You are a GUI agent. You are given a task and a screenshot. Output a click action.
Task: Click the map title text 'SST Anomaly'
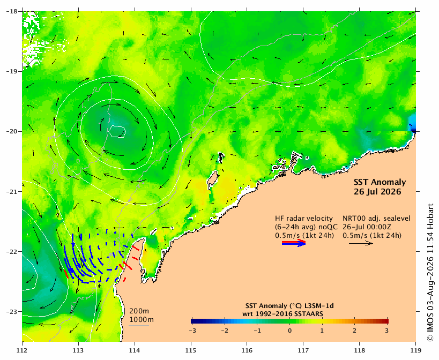tap(380, 182)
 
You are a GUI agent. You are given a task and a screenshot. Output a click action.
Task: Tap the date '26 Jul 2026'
tap(377, 192)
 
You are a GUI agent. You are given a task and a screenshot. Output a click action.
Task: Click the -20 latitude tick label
tap(11, 131)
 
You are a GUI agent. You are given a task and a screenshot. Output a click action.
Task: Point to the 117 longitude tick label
tap(303, 350)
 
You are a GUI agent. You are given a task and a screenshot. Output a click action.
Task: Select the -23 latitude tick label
tap(11, 312)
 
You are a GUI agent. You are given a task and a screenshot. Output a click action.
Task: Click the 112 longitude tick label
tap(22, 350)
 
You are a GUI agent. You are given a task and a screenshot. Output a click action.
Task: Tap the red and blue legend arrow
tap(294, 243)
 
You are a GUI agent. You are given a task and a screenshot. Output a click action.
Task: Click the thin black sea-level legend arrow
tap(361, 243)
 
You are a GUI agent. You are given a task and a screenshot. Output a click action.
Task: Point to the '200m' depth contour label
tap(139, 311)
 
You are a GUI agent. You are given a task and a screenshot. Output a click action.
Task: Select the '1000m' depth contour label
tap(142, 320)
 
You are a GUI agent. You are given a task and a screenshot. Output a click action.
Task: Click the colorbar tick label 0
tap(290, 331)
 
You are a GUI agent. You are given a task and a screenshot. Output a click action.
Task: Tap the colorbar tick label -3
tap(192, 331)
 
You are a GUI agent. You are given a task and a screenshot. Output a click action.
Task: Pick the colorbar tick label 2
tap(354, 331)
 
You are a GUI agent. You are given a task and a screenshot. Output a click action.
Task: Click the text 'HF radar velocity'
tap(304, 219)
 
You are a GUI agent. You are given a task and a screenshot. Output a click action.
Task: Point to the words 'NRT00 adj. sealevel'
tap(377, 219)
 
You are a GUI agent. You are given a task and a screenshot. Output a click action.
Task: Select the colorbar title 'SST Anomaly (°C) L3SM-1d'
tap(289, 306)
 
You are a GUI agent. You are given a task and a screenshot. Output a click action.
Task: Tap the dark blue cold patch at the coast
tap(412, 125)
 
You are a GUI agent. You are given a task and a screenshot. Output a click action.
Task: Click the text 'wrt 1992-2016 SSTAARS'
tap(283, 314)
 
